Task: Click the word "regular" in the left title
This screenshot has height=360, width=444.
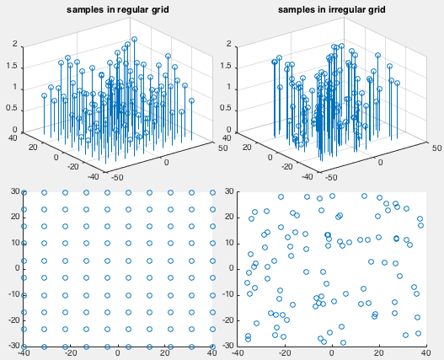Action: (x=131, y=10)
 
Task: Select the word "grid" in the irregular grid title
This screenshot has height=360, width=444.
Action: (x=376, y=10)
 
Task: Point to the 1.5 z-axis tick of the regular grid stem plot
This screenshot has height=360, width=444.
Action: (x=12, y=66)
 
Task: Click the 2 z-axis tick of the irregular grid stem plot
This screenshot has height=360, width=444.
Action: (x=229, y=44)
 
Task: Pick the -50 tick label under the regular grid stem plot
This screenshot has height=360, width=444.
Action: (x=117, y=177)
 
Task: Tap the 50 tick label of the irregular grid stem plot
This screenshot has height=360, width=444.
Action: (x=437, y=148)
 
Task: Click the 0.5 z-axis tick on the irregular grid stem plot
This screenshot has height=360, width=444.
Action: (x=226, y=108)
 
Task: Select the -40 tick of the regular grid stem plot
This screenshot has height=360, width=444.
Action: (x=94, y=176)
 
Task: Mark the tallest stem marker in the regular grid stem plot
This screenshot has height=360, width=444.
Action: (x=134, y=39)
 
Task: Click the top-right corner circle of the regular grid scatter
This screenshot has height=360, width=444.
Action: (x=212, y=193)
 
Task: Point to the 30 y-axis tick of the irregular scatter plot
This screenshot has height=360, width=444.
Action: (x=229, y=191)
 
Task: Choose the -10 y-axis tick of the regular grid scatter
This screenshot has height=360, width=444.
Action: (x=14, y=294)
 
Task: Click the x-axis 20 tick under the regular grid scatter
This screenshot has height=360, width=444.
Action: (x=165, y=353)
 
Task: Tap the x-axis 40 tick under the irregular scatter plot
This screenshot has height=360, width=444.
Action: (x=425, y=353)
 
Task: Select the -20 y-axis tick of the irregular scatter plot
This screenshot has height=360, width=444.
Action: (x=228, y=320)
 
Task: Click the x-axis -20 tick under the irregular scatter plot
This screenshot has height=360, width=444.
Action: (x=285, y=353)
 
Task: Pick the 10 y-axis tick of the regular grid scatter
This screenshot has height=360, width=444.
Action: (x=15, y=243)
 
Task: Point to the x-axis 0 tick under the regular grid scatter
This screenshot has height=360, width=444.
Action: (x=118, y=353)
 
